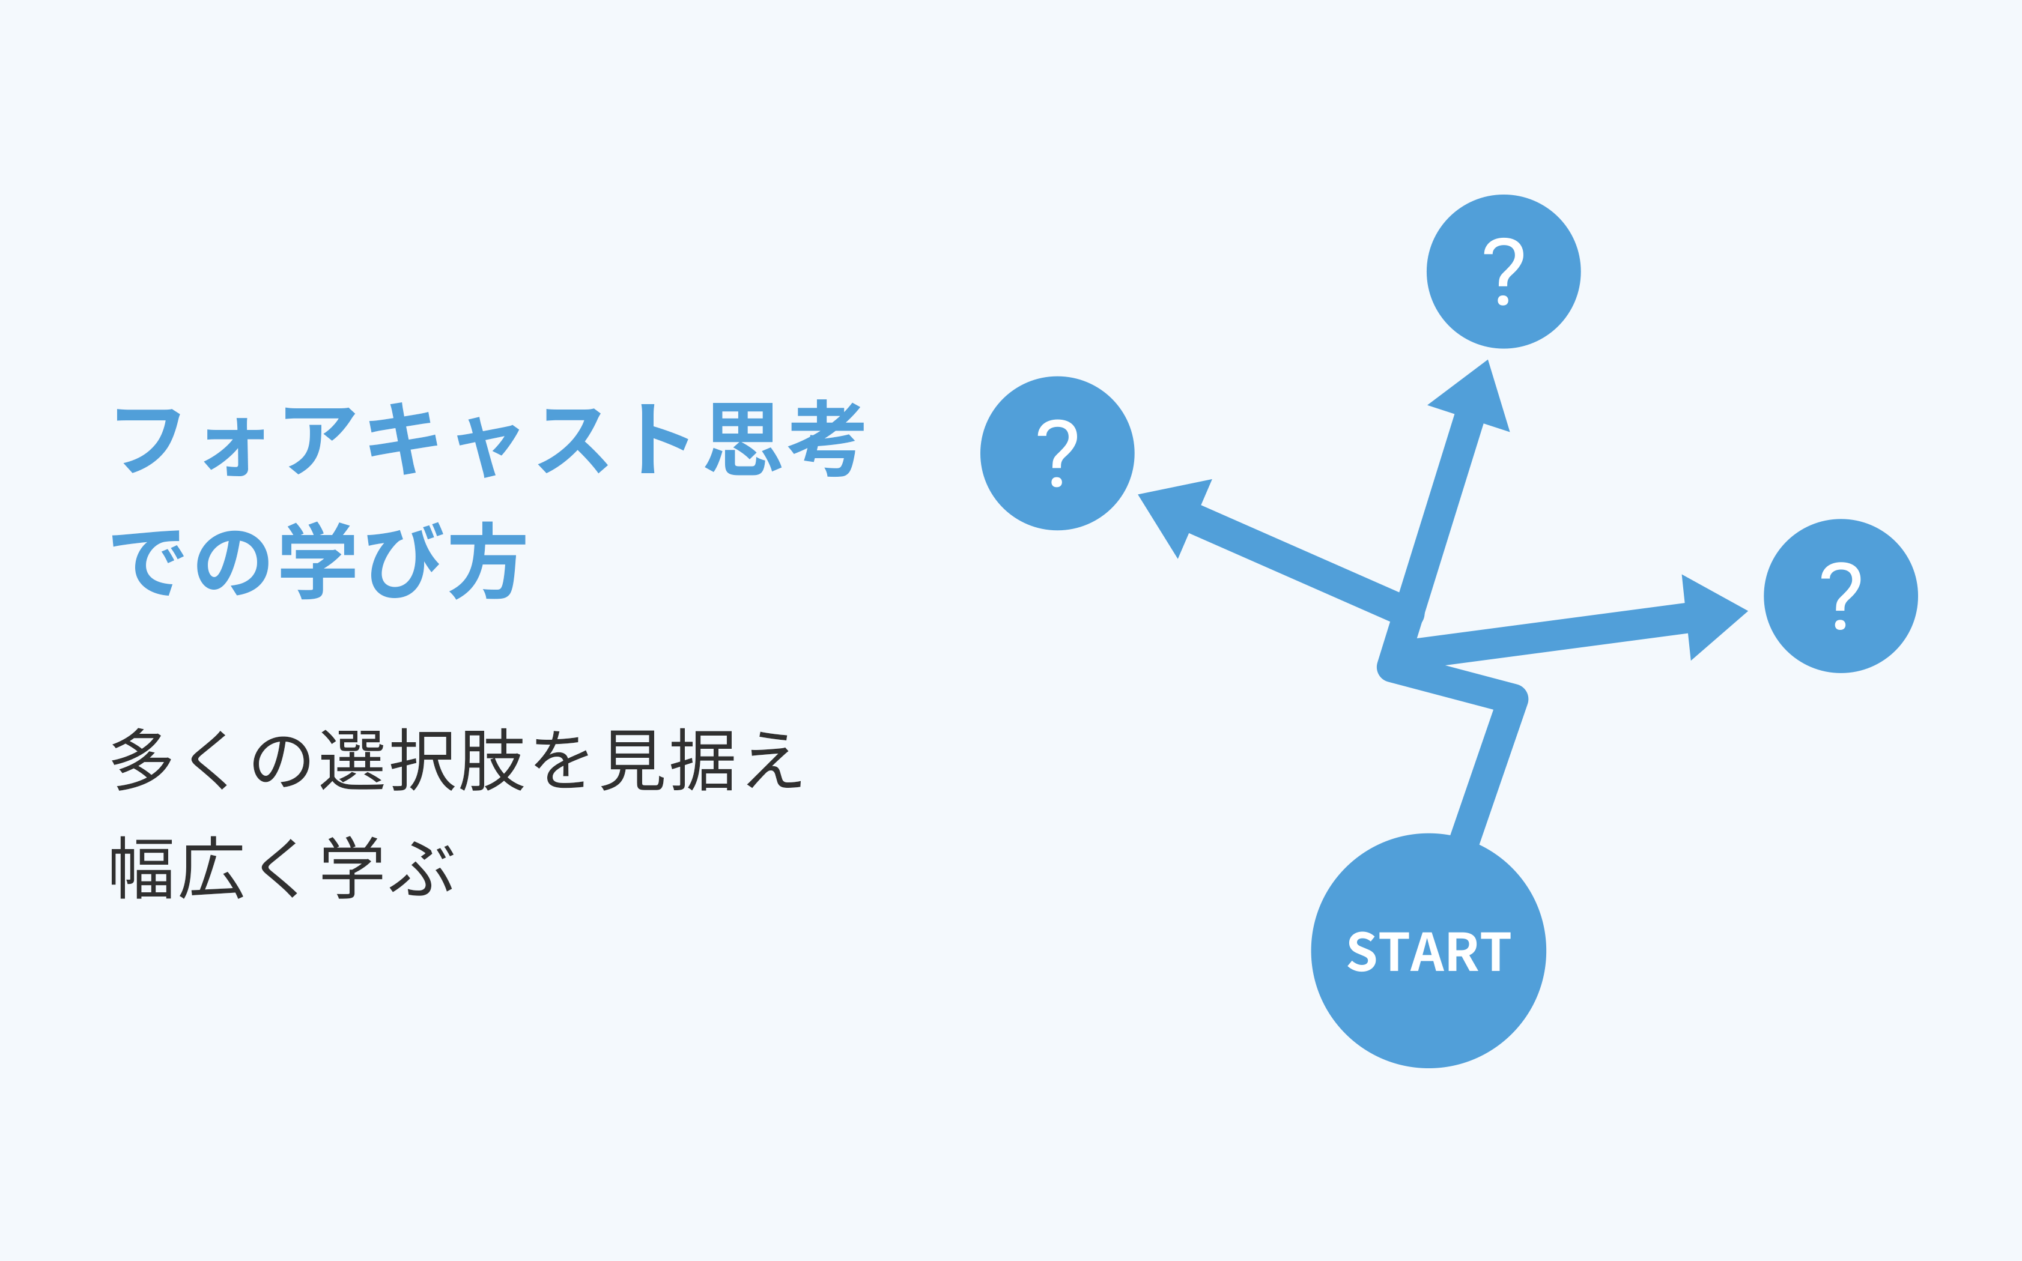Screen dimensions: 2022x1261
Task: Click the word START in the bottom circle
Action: [x=1429, y=952]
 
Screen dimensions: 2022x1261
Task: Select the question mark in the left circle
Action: [x=1057, y=453]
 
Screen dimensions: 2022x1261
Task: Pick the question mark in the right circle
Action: [x=1840, y=596]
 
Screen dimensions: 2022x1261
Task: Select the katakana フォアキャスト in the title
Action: [x=404, y=440]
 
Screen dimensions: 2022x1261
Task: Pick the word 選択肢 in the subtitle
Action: [x=422, y=760]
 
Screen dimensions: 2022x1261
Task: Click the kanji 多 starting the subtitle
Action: [x=141, y=760]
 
